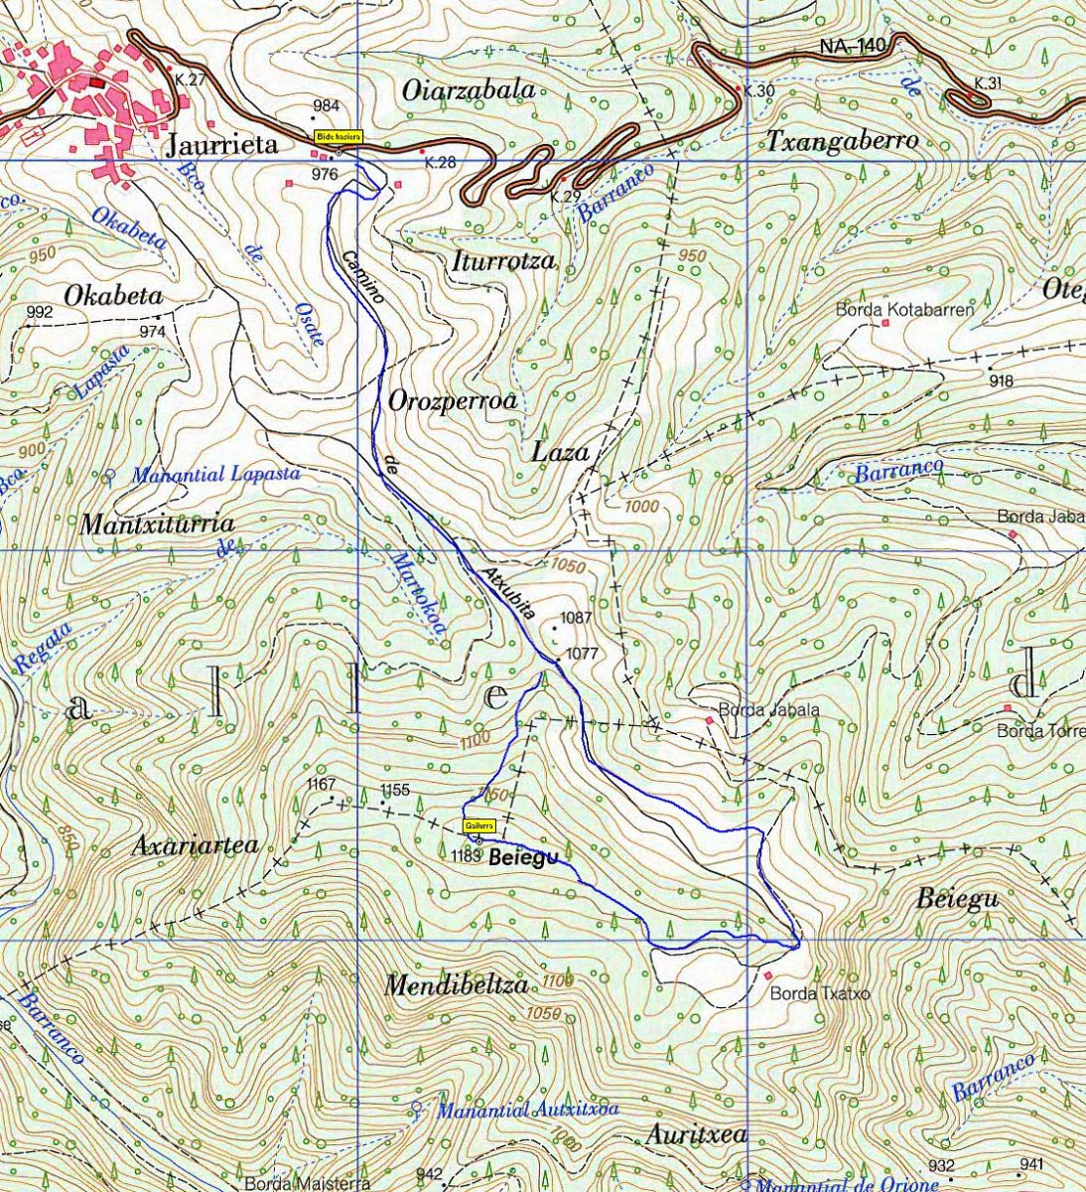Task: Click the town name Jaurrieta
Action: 222,146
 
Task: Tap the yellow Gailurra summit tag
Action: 478,825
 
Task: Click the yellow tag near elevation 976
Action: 339,136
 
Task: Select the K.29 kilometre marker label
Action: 564,196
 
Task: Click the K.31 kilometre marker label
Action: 988,83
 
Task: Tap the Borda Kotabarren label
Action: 904,309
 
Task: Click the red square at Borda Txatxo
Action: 767,976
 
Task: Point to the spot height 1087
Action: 576,618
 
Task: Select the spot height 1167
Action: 321,785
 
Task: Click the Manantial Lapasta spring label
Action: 215,475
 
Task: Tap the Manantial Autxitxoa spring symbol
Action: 417,1109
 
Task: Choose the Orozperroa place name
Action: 453,402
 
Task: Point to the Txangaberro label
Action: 842,142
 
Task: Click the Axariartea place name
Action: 195,845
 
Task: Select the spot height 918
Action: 1001,381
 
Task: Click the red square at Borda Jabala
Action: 709,720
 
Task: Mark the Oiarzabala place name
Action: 469,89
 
